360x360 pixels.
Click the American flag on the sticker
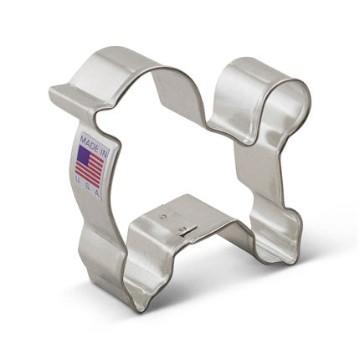coord(90,165)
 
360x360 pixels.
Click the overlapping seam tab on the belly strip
coord(188,228)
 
